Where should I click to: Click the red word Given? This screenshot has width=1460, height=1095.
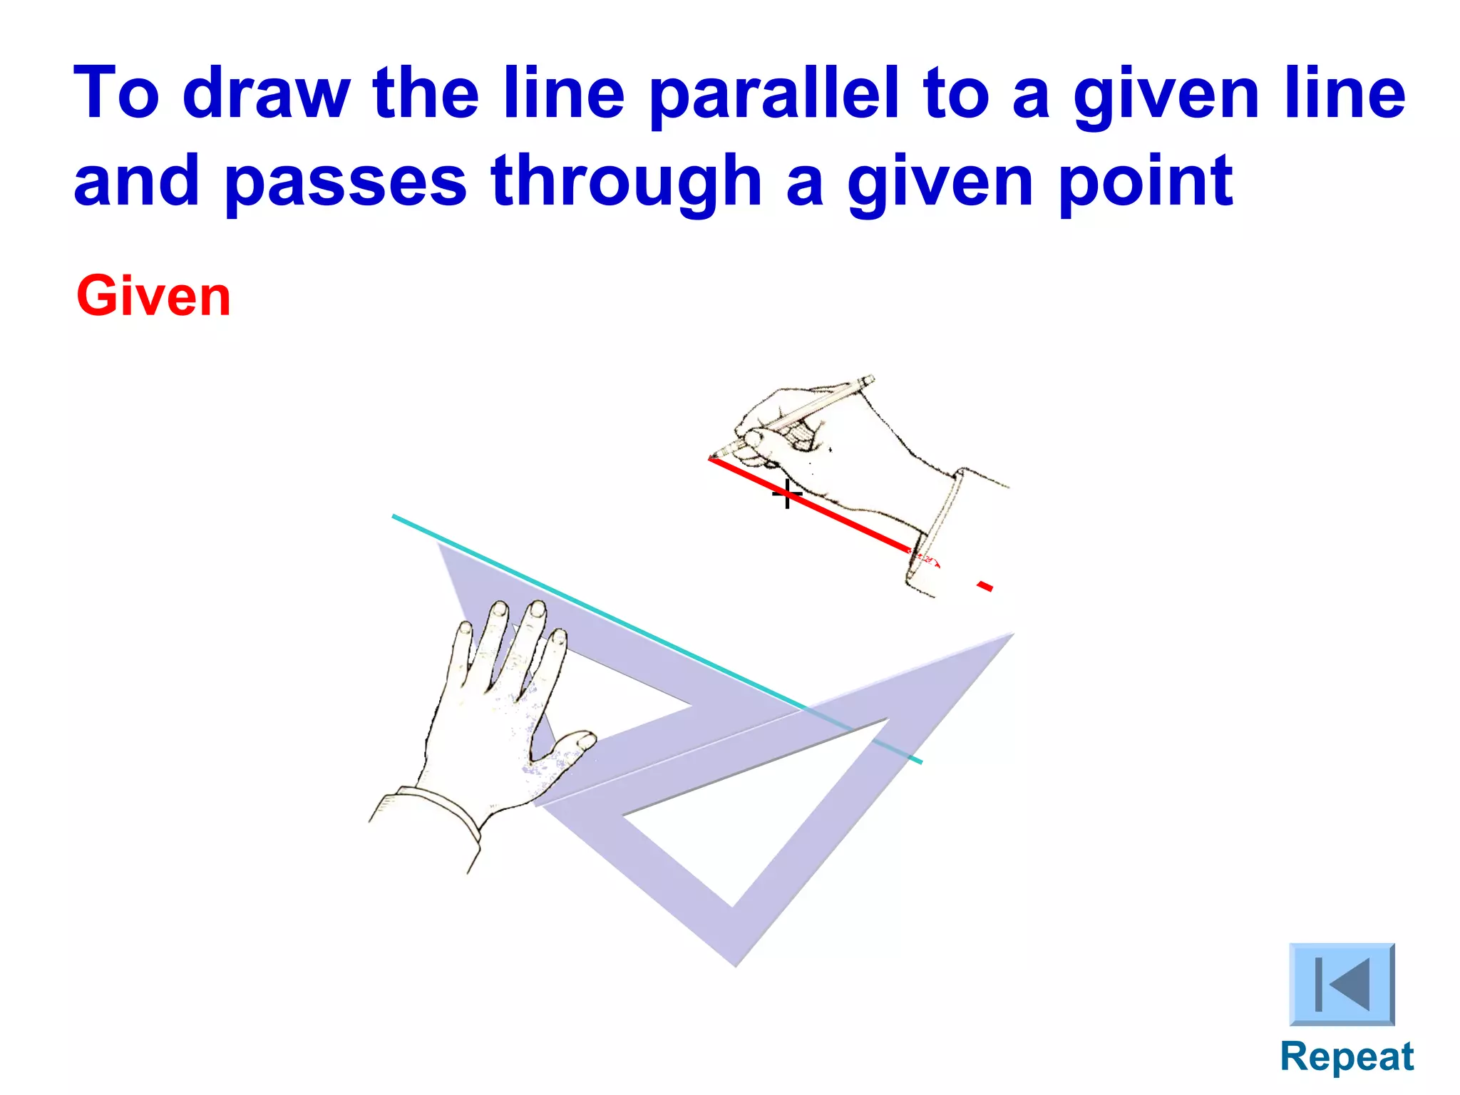click(x=153, y=297)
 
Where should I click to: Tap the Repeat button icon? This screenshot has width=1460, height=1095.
click(x=1342, y=984)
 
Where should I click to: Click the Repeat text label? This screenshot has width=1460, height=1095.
click(x=1347, y=1057)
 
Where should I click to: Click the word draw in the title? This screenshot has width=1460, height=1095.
click(x=267, y=93)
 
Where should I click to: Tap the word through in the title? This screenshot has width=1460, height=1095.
click(x=627, y=182)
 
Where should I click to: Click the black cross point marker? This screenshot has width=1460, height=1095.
click(x=787, y=493)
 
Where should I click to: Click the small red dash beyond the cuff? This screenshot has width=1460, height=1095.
click(x=985, y=586)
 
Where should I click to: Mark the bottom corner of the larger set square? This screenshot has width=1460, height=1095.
click(x=736, y=964)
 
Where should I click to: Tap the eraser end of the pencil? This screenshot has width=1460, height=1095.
click(x=868, y=381)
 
